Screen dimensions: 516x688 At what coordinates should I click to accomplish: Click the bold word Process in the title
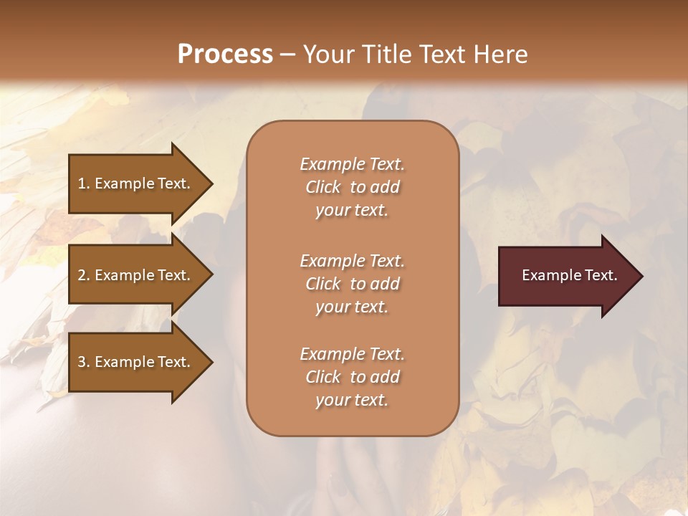coord(225,54)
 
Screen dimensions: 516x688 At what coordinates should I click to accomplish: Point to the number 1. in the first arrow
coord(84,183)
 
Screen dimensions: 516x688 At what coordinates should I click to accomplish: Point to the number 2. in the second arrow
coord(84,275)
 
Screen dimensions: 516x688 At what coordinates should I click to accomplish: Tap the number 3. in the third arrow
coord(84,362)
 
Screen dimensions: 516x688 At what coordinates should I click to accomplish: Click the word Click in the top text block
coord(323,187)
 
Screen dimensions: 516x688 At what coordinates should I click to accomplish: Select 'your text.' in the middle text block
coord(352,307)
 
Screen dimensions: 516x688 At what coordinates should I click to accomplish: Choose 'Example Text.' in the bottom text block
coord(352,354)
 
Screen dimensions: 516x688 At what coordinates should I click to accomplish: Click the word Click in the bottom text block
coord(323,377)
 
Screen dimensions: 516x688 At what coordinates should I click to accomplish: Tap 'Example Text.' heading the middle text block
coord(352,261)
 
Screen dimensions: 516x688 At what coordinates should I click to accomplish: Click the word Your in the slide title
coord(329,54)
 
